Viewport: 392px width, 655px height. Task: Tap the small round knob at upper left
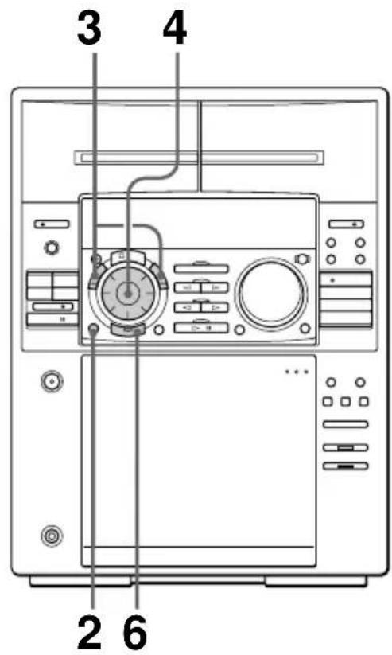pos(51,248)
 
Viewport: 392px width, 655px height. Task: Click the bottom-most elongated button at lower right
pos(346,462)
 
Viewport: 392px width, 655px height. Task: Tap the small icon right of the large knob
pos(301,258)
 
